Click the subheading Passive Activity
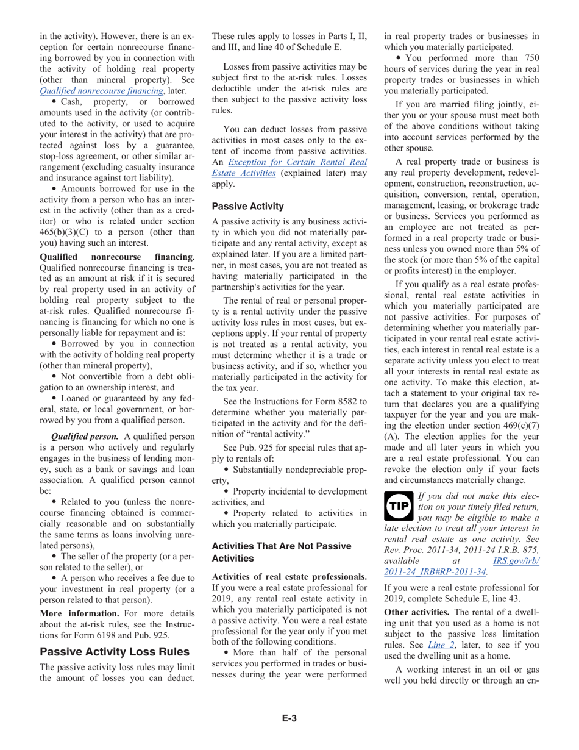pyautogui.click(x=247, y=206)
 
